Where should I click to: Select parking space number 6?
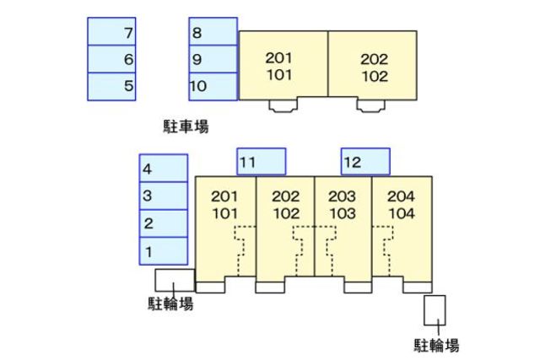[x=113, y=59]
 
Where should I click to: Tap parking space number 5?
[x=113, y=86]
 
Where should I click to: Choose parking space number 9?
[x=213, y=59]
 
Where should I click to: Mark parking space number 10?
[x=213, y=86]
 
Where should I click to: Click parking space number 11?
[x=261, y=162]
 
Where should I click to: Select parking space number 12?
[x=365, y=162]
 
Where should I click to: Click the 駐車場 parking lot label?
[x=186, y=127]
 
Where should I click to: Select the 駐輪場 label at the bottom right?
[x=437, y=345]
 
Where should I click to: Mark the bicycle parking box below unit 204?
[x=435, y=309]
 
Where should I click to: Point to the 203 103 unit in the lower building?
[x=343, y=205]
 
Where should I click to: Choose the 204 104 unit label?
[x=402, y=205]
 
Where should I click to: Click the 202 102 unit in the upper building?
[x=374, y=67]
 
